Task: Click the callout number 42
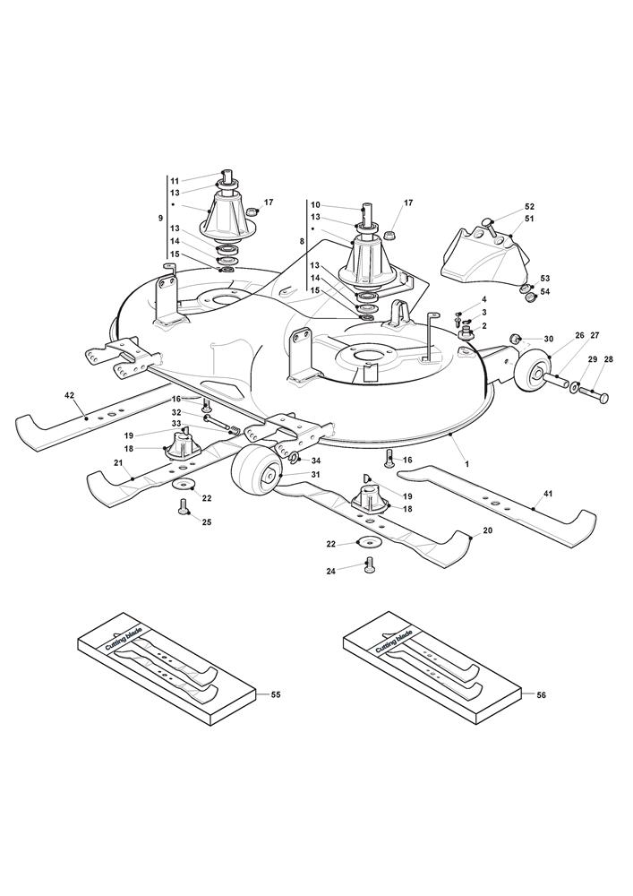pos(43,393)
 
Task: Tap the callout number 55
pos(275,694)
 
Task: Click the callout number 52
pos(529,206)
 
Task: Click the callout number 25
pos(207,521)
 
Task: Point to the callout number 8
pos(302,242)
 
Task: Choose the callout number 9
pos(160,218)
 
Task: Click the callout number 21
pos(117,462)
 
